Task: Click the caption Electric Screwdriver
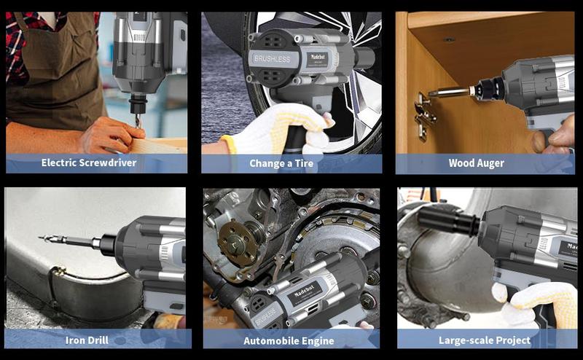click(x=89, y=163)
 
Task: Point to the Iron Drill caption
click(x=87, y=340)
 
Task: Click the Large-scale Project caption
click(x=484, y=340)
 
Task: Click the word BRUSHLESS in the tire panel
click(x=270, y=57)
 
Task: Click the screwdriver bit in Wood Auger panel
click(x=449, y=93)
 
